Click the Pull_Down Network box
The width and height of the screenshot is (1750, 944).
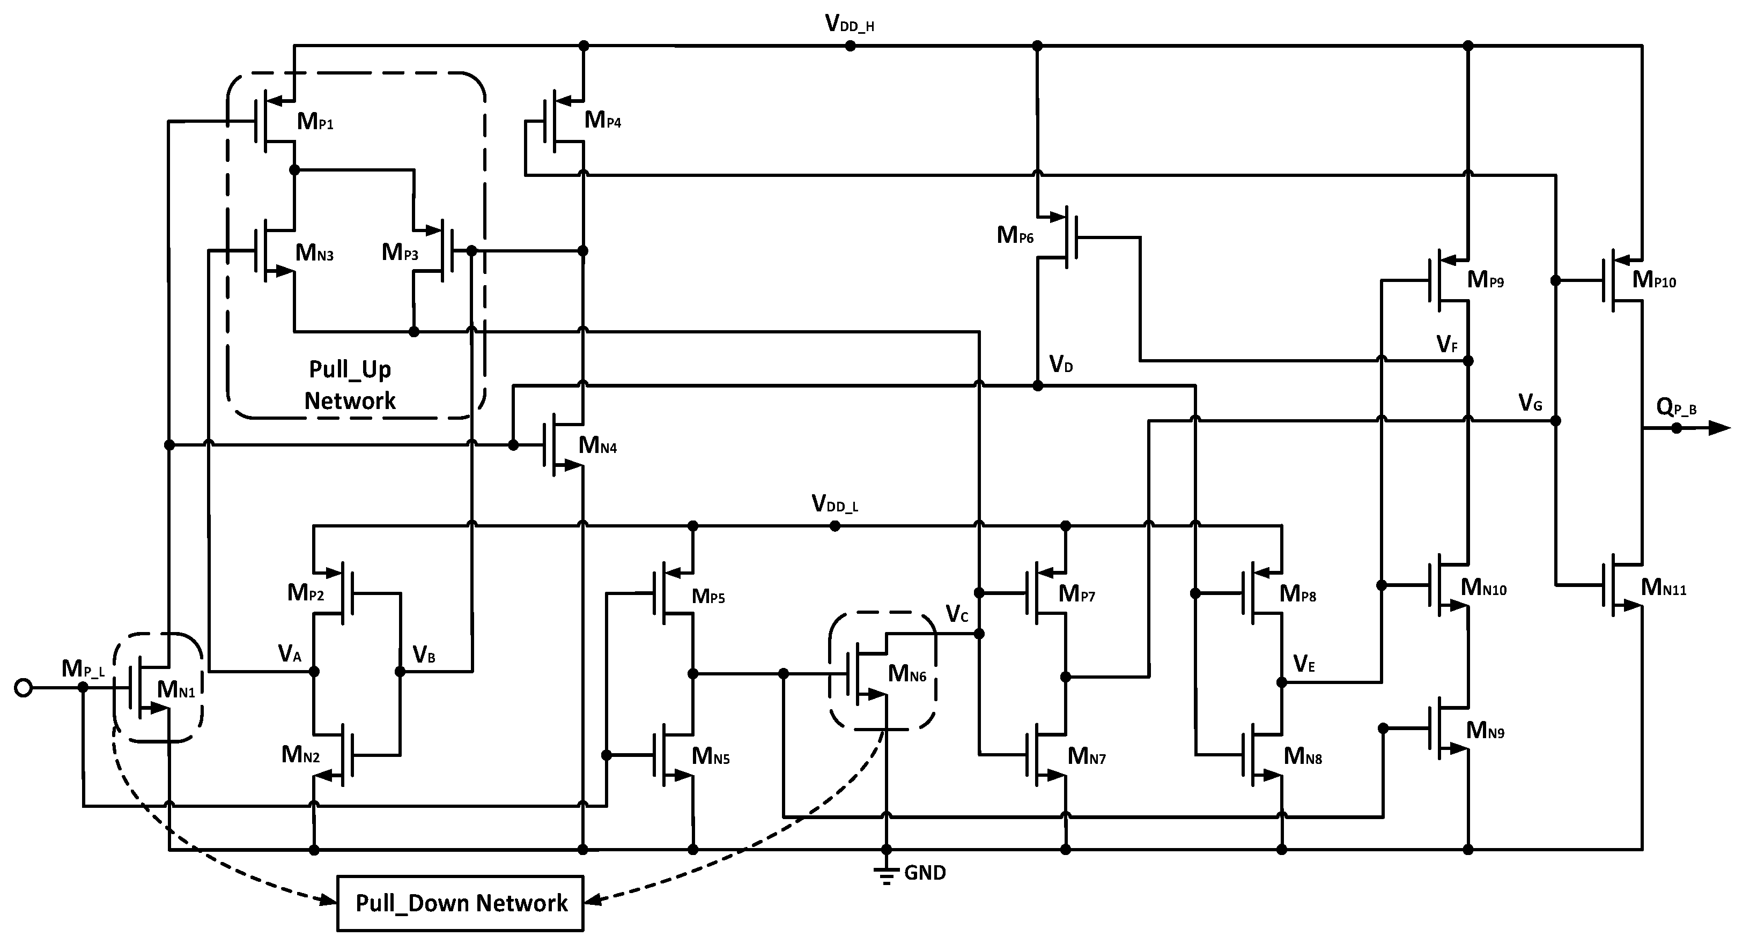click(x=461, y=903)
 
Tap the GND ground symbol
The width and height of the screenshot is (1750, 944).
click(x=886, y=875)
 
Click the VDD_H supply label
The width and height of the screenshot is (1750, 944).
click(x=849, y=24)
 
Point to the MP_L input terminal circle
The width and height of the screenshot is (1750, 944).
click(x=23, y=688)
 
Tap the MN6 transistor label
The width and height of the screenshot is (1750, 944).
click(x=907, y=674)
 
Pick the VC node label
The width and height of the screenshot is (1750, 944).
click(x=957, y=614)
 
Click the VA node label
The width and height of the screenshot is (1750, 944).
click(x=290, y=654)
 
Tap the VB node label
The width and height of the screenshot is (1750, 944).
click(x=424, y=655)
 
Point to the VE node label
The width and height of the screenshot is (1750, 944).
click(x=1304, y=664)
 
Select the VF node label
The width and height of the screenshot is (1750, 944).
click(x=1447, y=344)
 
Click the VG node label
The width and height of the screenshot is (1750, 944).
click(x=1530, y=404)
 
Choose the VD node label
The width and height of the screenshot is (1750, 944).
click(x=1061, y=365)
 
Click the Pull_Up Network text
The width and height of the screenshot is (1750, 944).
click(x=350, y=385)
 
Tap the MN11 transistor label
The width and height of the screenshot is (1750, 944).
click(x=1663, y=588)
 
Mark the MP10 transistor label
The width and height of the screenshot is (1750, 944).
click(x=1653, y=280)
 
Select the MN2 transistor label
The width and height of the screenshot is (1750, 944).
click(x=300, y=755)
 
